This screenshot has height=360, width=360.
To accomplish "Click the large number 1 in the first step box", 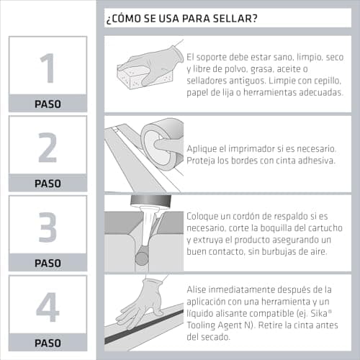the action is pyautogui.click(x=48, y=68).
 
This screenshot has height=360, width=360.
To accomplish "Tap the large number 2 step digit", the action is pyautogui.click(x=48, y=148).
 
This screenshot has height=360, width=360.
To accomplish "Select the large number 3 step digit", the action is pyautogui.click(x=48, y=227).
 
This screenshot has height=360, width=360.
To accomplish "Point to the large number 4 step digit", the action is pyautogui.click(x=48, y=307).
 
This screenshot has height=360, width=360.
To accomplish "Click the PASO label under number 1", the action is pyautogui.click(x=48, y=104).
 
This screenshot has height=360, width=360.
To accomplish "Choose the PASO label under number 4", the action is pyautogui.click(x=48, y=343).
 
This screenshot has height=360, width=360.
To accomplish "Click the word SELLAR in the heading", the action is pyautogui.click(x=235, y=18).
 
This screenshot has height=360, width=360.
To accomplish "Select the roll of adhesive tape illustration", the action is pyautogui.click(x=161, y=143).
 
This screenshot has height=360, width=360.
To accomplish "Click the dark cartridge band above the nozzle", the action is pyautogui.click(x=150, y=200).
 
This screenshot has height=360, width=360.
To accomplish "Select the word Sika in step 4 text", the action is pyautogui.click(x=319, y=313).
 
